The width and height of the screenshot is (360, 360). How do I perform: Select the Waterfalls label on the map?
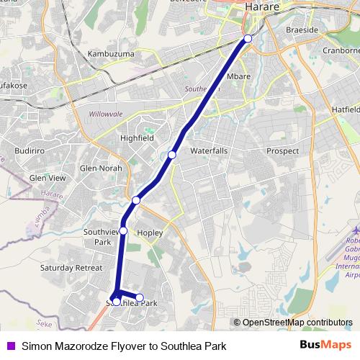209,151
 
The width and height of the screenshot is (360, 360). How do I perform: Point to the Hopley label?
150,233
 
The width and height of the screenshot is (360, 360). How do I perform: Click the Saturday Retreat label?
72,267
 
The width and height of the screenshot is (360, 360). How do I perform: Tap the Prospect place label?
282,151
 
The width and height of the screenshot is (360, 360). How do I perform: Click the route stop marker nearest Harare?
248,38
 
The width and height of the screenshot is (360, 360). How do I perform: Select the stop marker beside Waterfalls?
172,155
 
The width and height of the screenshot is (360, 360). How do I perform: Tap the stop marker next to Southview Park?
123,230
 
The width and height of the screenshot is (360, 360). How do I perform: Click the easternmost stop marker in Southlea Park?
140,297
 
